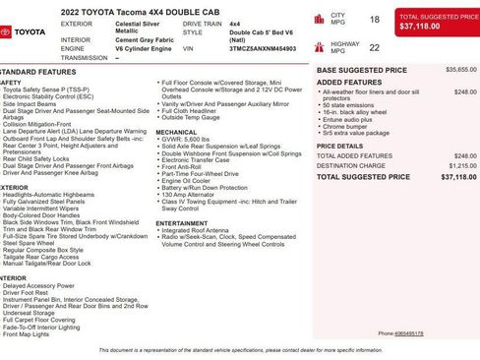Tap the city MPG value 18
coord(374,19)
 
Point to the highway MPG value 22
coord(374,46)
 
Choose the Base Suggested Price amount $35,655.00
coord(461,70)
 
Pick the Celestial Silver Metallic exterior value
coord(142,26)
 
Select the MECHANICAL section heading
coord(176,131)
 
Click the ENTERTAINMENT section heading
coord(182,223)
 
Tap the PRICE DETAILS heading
coord(339,146)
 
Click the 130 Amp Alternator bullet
coord(189,195)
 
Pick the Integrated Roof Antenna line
coord(199,231)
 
